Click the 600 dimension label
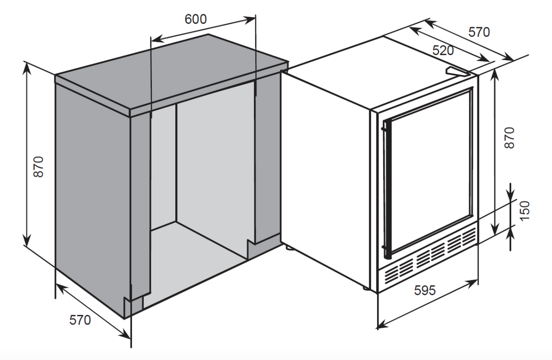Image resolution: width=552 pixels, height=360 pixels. coord(195,19)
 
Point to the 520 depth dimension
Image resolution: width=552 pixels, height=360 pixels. coord(443,51)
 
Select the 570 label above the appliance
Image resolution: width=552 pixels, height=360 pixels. coord(479,32)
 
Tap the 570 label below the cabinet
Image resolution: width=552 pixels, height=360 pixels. coord(80,320)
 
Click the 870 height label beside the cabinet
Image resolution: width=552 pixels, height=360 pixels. coord(39,167)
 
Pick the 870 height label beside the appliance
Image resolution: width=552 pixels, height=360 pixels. coord(509,137)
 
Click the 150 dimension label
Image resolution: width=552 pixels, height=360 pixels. coord(525,211)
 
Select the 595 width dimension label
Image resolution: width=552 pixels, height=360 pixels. coord(425,290)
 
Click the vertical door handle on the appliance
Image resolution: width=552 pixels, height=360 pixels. coord(386,190)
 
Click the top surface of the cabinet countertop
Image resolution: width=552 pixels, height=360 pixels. coord(172,71)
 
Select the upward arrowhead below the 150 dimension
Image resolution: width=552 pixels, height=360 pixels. coord(510,233)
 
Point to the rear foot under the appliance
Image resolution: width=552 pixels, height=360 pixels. coord(288,247)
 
